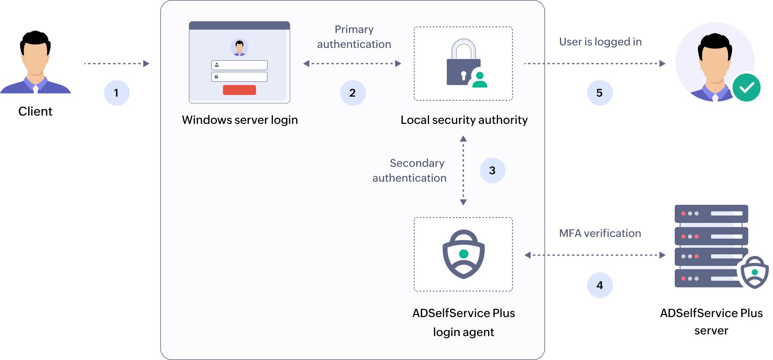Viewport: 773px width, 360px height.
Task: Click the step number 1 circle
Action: pyautogui.click(x=116, y=93)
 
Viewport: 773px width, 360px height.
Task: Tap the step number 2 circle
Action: pyautogui.click(x=353, y=93)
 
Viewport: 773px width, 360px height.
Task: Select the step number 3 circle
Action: pyautogui.click(x=492, y=171)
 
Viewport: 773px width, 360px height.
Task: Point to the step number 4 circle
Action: pyautogui.click(x=600, y=285)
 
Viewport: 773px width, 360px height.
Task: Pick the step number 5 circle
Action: pyautogui.click(x=600, y=93)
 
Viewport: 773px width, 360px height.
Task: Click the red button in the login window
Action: pyautogui.click(x=239, y=90)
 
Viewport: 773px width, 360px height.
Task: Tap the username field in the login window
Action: pyautogui.click(x=239, y=65)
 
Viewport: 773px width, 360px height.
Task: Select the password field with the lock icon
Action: pyautogui.click(x=239, y=77)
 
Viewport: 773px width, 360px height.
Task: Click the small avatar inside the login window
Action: pyautogui.click(x=239, y=47)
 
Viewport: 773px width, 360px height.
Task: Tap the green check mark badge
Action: pyautogui.click(x=747, y=88)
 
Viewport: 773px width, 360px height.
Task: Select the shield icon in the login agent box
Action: pyautogui.click(x=464, y=254)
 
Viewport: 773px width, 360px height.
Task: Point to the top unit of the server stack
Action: pyautogui.click(x=711, y=213)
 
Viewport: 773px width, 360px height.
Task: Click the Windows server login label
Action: pyautogui.click(x=240, y=120)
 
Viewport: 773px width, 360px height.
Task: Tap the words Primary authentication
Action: pyautogui.click(x=354, y=37)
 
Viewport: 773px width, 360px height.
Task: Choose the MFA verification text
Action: pyautogui.click(x=600, y=233)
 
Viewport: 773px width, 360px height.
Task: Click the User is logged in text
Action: pyautogui.click(x=600, y=42)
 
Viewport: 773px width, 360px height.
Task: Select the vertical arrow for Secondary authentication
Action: pyautogui.click(x=463, y=171)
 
